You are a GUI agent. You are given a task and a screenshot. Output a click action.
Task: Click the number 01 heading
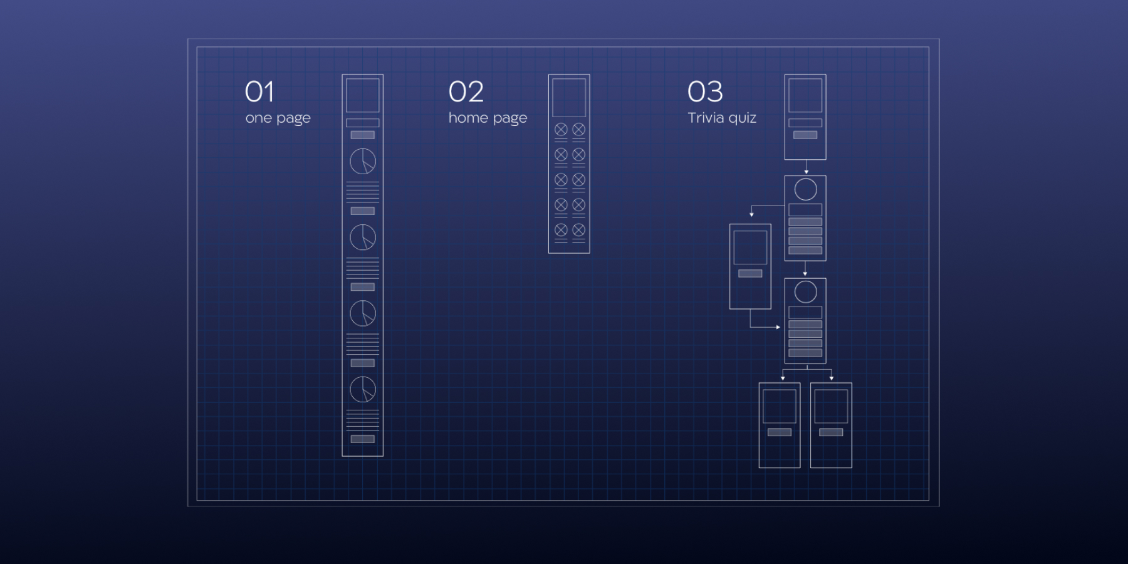coord(259,92)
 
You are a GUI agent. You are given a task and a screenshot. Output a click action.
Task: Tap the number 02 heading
coord(466,92)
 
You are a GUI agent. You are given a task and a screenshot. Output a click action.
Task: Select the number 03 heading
coord(705,92)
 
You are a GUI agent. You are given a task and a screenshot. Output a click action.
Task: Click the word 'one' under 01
coord(258,118)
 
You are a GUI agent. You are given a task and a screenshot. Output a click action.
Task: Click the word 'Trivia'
coord(706,118)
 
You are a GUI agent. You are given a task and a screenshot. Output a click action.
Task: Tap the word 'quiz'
coord(743,118)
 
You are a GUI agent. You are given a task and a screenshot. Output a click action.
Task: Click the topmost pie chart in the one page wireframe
coord(363,161)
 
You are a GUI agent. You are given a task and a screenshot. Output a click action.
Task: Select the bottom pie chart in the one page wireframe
coord(363,389)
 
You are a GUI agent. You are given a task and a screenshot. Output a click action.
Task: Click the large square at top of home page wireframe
coord(569,97)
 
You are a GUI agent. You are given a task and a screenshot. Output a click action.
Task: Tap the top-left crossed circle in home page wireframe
coord(561,129)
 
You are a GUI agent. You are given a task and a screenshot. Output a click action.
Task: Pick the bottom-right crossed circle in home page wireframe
coord(578,230)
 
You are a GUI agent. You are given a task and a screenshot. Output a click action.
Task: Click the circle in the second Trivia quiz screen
coord(805,189)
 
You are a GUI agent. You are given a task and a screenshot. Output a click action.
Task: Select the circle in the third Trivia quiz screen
coord(805,291)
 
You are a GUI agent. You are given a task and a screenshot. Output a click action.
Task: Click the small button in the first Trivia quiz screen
coord(805,135)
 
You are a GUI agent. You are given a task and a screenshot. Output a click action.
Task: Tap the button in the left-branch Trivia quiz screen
coord(750,273)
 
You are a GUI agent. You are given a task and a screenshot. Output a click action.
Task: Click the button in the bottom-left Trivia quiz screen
coord(780,432)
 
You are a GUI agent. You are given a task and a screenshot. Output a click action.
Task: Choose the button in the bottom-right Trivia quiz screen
coord(831,432)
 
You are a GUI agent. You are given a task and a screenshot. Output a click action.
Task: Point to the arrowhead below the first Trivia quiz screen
coord(806,171)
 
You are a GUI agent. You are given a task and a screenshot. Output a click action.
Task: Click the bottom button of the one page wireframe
coord(363,439)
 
